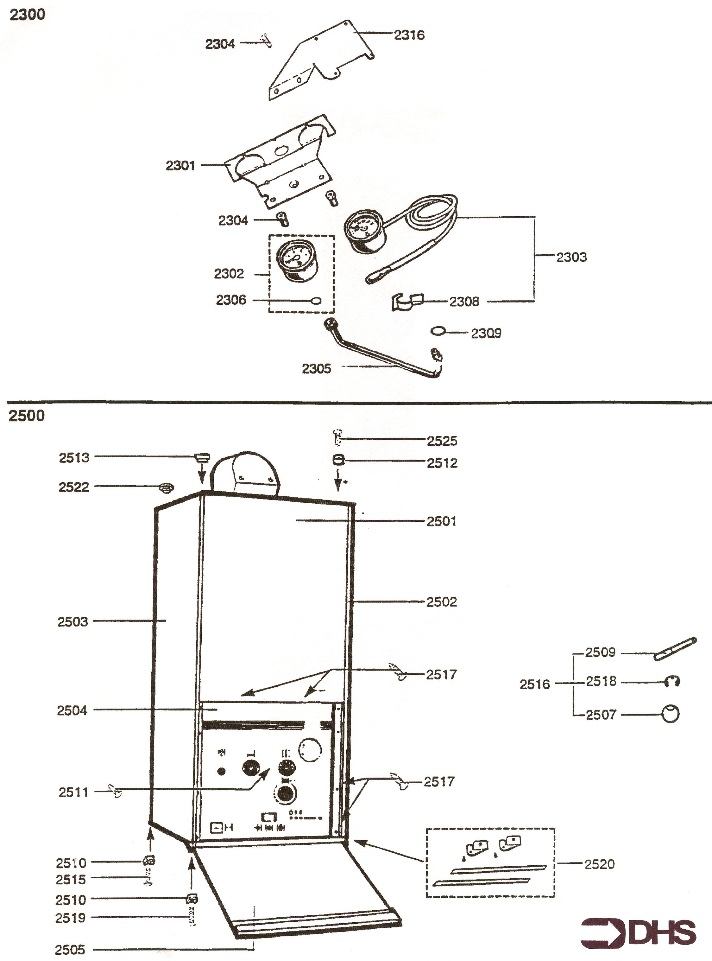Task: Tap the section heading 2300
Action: tap(27, 15)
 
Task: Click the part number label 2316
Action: tap(409, 35)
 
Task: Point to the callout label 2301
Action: tap(180, 166)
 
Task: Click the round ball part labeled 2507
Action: tap(670, 714)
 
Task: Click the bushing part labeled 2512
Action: tap(337, 460)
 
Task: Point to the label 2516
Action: tap(534, 684)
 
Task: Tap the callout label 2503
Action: tap(72, 622)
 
